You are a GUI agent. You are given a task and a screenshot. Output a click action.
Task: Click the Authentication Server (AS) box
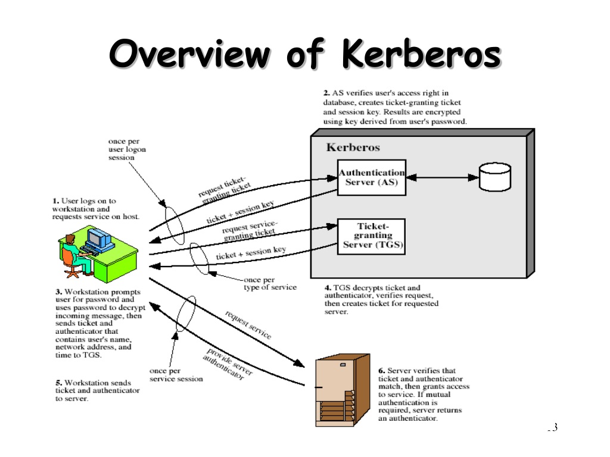coord(372,177)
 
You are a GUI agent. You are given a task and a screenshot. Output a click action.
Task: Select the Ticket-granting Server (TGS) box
coord(372,237)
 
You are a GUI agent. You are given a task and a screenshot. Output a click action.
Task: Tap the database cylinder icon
coord(495,177)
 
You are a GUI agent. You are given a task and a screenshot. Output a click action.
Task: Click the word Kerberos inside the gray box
coord(353,148)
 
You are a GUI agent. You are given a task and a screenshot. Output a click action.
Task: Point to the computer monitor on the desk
coord(99,238)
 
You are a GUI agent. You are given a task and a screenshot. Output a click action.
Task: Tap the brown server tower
coord(343,390)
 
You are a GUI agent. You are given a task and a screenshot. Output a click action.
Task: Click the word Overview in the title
coord(189,54)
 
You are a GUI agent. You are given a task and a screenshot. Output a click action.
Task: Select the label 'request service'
coord(248,325)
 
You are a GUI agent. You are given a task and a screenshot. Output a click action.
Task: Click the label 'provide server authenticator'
coord(227,364)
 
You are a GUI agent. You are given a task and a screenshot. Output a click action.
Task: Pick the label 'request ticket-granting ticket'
coord(225,189)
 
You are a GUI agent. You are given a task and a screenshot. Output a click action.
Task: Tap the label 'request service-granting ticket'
coord(250,230)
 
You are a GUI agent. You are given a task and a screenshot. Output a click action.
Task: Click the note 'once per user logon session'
coord(127,149)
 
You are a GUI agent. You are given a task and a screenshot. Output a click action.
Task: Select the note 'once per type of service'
coord(270,284)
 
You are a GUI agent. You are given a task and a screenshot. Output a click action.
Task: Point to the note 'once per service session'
coord(176,375)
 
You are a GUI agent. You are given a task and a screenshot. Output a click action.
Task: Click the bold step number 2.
coord(326,93)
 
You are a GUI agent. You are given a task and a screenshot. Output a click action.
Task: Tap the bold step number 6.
coord(382,371)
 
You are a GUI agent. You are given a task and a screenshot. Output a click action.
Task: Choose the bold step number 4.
coord(328,288)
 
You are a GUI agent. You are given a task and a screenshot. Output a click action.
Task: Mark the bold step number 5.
coord(59,383)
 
